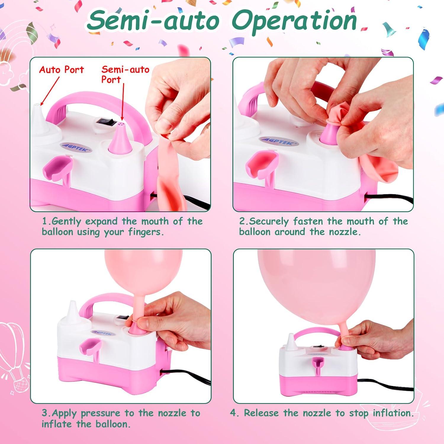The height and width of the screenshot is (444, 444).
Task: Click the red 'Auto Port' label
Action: pyautogui.click(x=62, y=70)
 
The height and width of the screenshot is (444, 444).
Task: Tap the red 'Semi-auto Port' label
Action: pyautogui.click(x=125, y=74)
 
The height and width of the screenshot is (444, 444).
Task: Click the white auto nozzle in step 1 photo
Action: pyautogui.click(x=38, y=118)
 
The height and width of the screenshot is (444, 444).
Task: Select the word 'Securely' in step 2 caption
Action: pyautogui.click(x=269, y=221)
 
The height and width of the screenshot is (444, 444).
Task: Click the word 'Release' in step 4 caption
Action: pyautogui.click(x=261, y=413)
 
